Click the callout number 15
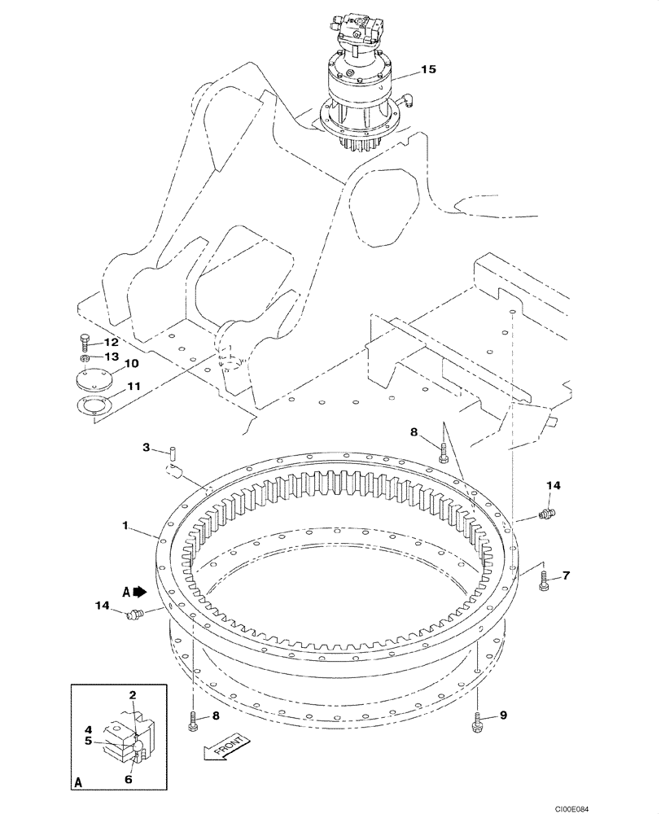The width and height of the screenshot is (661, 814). click(429, 70)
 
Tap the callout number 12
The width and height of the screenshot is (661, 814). click(111, 342)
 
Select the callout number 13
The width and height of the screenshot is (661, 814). click(111, 357)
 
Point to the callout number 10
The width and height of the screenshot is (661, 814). click(131, 364)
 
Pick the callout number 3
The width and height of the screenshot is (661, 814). click(147, 447)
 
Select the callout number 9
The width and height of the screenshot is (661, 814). click(503, 716)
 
